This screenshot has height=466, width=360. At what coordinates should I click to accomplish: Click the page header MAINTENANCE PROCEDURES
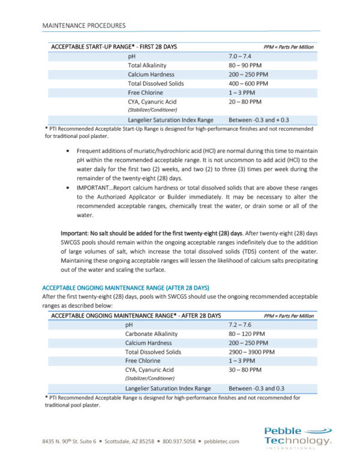tap(84, 26)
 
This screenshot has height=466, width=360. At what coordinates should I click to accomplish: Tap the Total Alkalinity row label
tap(147, 65)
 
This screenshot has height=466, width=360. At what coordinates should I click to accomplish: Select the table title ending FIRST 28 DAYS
tap(114, 47)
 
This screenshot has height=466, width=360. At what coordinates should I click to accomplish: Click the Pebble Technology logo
tap(298, 437)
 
